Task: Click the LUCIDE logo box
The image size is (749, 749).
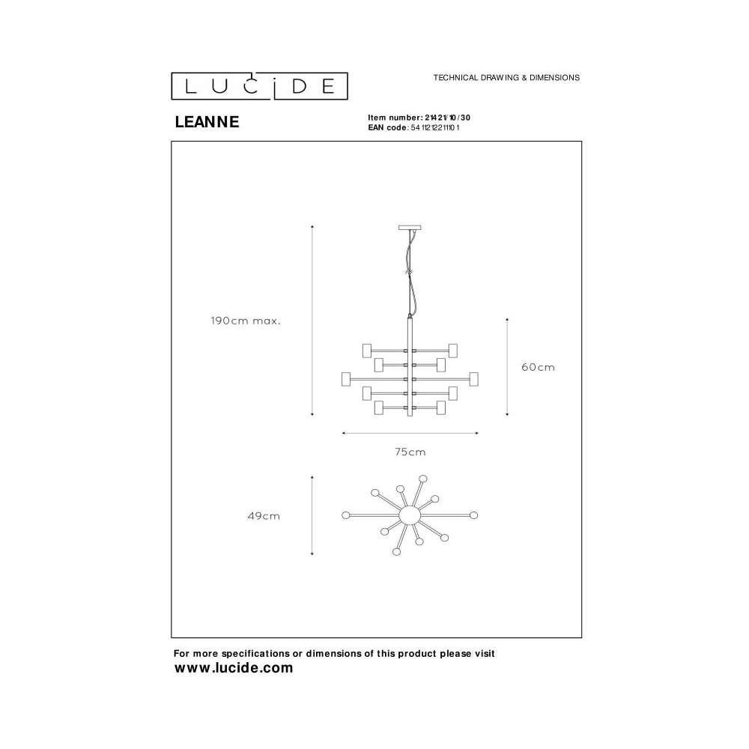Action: [259, 86]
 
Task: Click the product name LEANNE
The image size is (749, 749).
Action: [207, 122]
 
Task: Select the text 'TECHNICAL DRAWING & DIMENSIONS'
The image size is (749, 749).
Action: [506, 77]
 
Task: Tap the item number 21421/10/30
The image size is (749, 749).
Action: [448, 118]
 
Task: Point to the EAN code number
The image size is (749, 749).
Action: [435, 127]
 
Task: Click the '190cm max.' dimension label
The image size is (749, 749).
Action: [246, 321]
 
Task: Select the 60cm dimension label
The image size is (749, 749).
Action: [538, 367]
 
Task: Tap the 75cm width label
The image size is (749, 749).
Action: [410, 452]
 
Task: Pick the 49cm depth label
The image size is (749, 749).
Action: [264, 516]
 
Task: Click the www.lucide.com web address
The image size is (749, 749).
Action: [234, 668]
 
